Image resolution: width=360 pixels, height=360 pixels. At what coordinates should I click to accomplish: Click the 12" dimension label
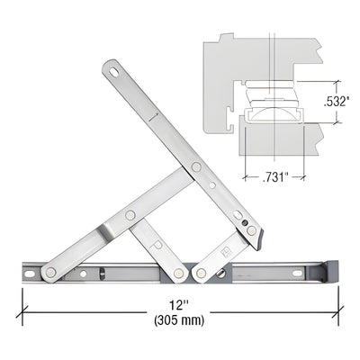[177, 306]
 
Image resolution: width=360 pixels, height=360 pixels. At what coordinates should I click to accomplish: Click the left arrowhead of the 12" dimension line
[23, 307]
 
